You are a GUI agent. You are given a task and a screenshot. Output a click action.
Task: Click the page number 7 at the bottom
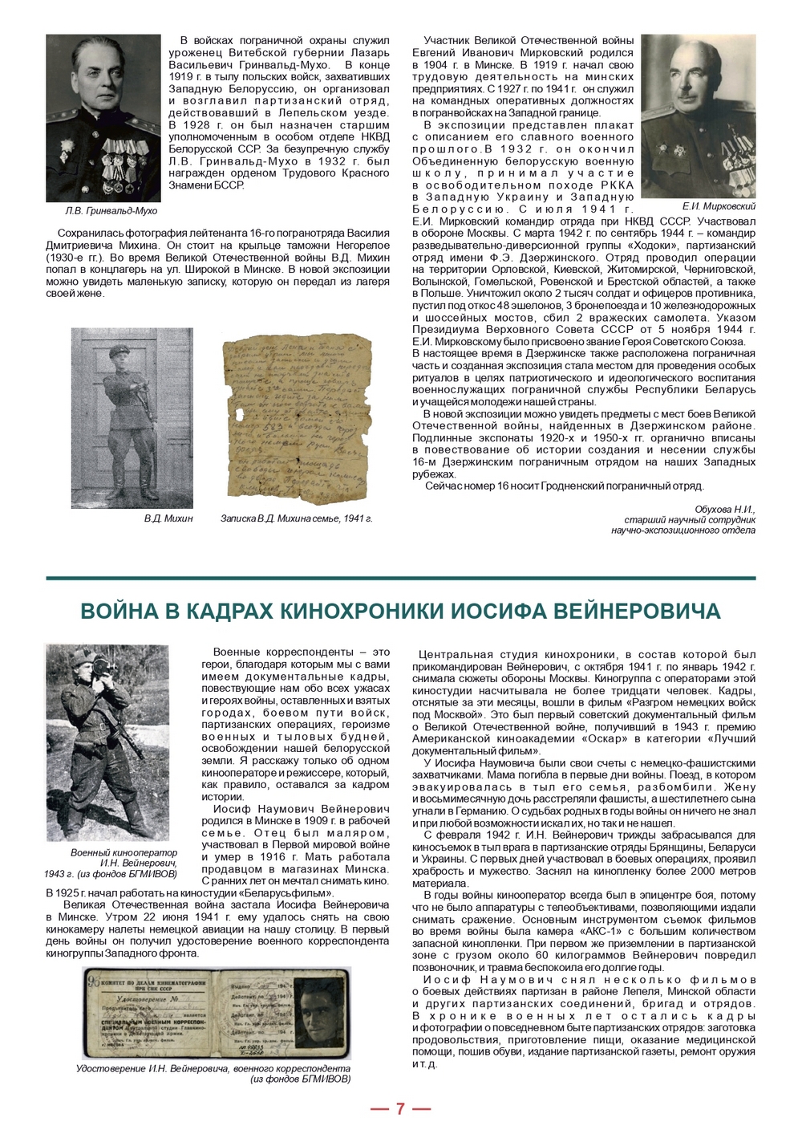coord(400,1109)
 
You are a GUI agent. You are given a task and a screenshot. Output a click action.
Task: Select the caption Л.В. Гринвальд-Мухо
coord(111,211)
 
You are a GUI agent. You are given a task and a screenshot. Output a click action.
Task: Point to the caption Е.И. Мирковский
coord(719,207)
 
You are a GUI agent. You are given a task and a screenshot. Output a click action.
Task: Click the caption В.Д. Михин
coord(168,518)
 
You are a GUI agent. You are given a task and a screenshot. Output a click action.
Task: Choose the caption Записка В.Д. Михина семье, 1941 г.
coord(296,518)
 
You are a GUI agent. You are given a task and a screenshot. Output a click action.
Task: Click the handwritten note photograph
coord(297,417)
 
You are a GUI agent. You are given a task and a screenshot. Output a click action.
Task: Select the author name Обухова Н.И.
coord(725,509)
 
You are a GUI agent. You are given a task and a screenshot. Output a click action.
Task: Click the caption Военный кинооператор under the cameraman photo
coord(124,853)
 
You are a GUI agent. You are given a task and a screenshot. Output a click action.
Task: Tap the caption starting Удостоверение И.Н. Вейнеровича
coord(213,1069)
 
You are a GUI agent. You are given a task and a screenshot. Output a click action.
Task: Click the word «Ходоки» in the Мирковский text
coord(656,246)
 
